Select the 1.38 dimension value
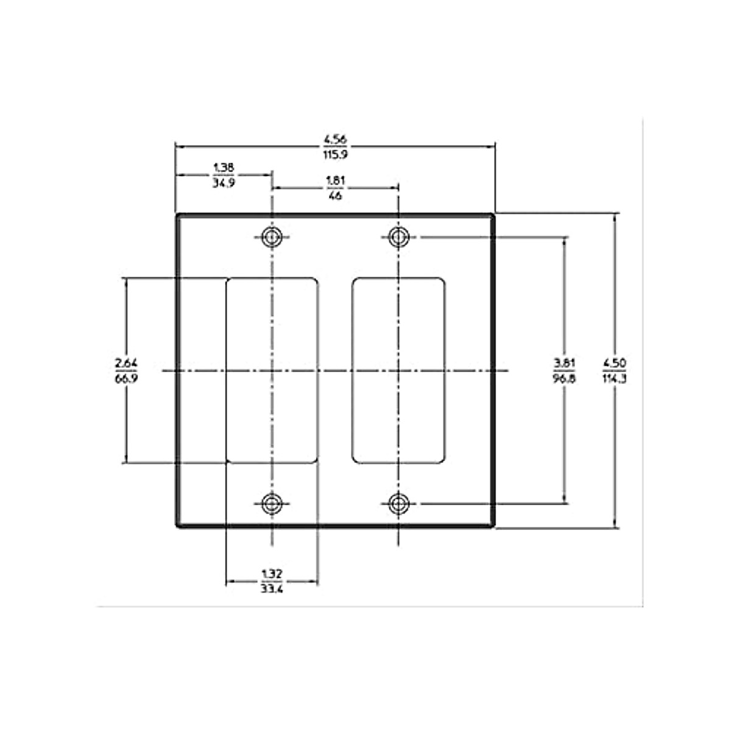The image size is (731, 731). tap(224, 167)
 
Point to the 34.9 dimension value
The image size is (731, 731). tap(224, 182)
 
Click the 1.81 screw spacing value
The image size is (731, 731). tap(334, 180)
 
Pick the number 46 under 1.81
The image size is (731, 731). tap(334, 196)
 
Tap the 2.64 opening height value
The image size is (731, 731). tap(126, 364)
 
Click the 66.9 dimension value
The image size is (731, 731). tap(126, 378)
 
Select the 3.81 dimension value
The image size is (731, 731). tap(565, 364)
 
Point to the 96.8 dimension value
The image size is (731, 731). tap(565, 378)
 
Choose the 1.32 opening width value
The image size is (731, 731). tap(272, 573)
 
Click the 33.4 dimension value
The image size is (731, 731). tap(272, 588)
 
